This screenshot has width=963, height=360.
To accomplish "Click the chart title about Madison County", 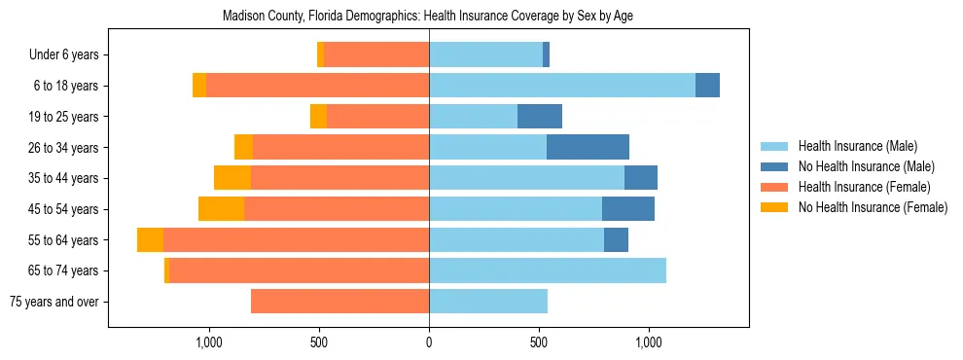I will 428,17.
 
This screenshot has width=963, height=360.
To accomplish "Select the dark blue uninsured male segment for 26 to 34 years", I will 588,147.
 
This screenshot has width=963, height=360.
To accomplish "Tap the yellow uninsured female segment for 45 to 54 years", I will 221,209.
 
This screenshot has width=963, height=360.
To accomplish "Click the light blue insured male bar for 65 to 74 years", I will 548,270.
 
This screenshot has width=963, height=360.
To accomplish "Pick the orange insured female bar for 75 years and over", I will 339,302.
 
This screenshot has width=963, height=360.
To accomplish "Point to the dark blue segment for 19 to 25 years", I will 540,117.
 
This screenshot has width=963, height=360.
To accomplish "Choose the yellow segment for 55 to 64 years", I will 150,240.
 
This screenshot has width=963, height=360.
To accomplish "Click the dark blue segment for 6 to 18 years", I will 707,86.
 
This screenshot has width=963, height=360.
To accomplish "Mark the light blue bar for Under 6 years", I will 485,54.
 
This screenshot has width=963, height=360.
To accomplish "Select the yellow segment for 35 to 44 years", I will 232,178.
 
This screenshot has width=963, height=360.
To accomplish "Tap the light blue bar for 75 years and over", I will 488,302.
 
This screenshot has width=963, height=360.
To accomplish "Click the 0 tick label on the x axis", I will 429,342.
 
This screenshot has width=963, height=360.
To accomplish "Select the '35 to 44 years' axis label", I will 64,178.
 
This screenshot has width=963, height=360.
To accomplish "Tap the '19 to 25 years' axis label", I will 64,117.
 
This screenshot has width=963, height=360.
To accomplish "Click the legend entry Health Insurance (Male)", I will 857,146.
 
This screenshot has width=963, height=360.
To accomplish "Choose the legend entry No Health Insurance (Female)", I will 873,207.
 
